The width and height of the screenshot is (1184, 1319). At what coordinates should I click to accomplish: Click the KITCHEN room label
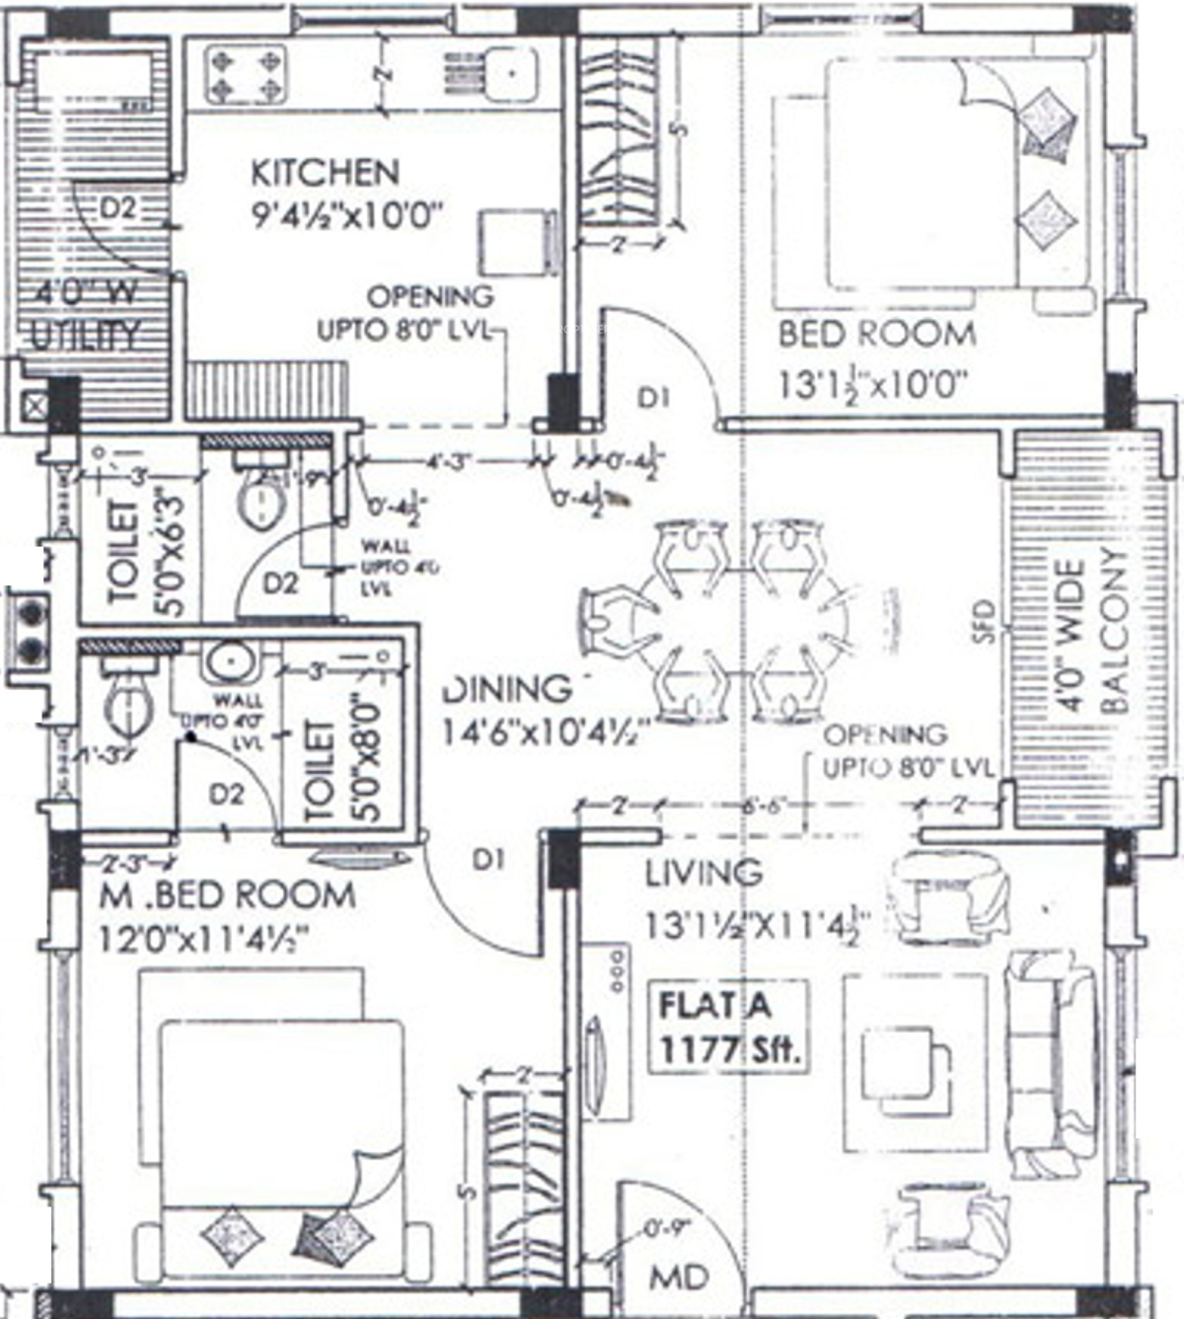[325, 173]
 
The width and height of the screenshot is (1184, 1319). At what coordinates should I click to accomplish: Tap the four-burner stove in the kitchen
[246, 76]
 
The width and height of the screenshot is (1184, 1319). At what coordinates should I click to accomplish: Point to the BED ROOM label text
[876, 334]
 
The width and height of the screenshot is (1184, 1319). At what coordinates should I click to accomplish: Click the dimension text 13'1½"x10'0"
[871, 383]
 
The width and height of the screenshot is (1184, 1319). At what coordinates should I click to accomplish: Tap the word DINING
[506, 689]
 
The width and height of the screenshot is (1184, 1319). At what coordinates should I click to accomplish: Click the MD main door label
[679, 1278]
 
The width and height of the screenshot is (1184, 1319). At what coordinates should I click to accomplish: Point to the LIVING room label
[703, 873]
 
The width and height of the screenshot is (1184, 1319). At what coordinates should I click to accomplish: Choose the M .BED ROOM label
[228, 894]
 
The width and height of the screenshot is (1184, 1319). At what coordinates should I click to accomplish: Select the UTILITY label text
[86, 336]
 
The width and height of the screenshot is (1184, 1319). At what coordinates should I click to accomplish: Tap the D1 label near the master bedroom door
[488, 859]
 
